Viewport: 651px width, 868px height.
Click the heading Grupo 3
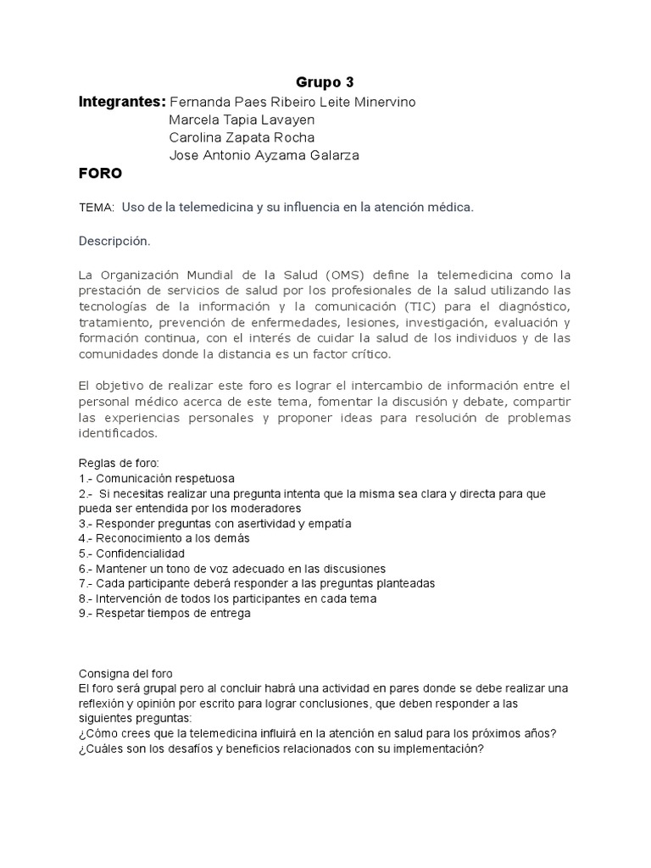(x=325, y=82)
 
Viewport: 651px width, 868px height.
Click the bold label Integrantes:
(x=121, y=102)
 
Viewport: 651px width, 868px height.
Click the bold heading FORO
(x=100, y=174)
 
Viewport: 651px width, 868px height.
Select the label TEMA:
(x=96, y=208)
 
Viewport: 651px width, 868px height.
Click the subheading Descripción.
(x=114, y=242)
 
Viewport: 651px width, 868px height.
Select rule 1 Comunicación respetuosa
(x=157, y=478)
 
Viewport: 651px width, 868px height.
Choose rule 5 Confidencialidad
(x=131, y=553)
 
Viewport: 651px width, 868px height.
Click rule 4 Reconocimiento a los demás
(x=164, y=538)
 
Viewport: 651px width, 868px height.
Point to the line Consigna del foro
(x=125, y=673)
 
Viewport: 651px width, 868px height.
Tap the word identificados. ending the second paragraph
(x=118, y=433)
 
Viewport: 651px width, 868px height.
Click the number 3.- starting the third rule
(x=86, y=523)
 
